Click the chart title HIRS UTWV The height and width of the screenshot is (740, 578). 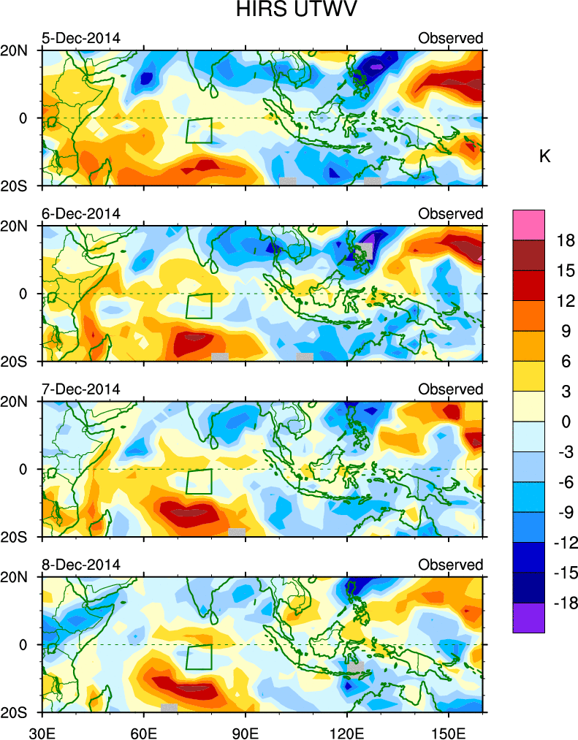pos(288,11)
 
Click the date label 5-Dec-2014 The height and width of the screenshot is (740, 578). pos(80,38)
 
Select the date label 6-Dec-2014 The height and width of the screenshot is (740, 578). pos(80,213)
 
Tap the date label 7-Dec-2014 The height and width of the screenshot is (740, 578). pos(80,389)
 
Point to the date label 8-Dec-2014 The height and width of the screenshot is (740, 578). pos(80,565)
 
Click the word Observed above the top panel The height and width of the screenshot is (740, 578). pos(450,38)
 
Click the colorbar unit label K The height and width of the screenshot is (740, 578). pos(544,156)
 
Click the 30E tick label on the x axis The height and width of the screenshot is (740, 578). pos(42,728)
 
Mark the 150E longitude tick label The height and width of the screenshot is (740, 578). pos(448,728)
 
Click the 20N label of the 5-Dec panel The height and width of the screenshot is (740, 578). pos(20,51)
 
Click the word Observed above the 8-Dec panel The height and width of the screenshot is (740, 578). pos(450,565)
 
